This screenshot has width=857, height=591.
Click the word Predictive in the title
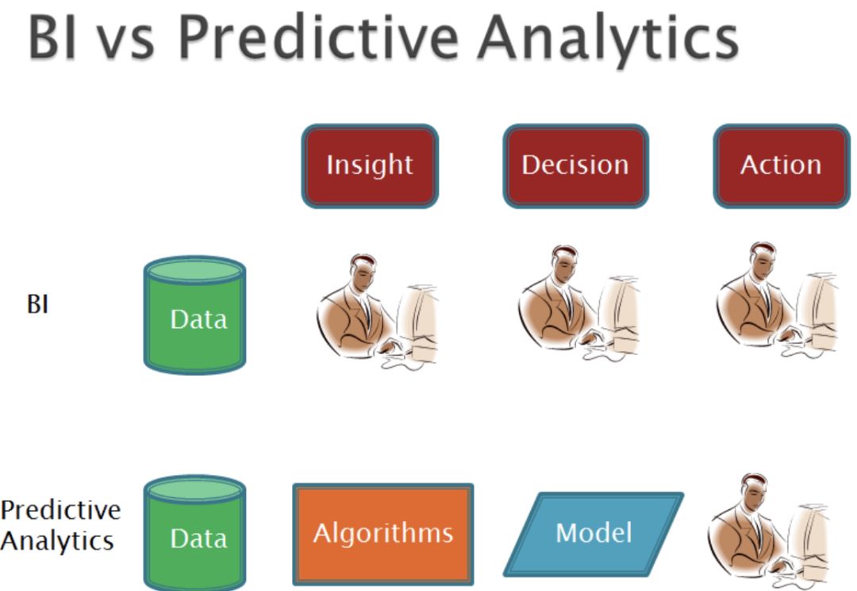(x=319, y=37)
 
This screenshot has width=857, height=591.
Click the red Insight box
(x=370, y=166)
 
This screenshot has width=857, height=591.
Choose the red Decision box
(x=575, y=166)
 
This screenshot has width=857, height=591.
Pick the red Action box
(x=782, y=166)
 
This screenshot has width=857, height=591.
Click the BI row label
(x=38, y=303)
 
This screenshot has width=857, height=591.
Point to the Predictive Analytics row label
(x=60, y=525)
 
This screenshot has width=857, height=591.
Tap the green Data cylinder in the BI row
(x=194, y=315)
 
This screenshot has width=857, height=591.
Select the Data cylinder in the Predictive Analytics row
(x=194, y=533)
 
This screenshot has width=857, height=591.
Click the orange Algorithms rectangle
(x=383, y=534)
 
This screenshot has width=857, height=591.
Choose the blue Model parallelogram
(x=594, y=534)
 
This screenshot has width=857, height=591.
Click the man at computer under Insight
(x=377, y=311)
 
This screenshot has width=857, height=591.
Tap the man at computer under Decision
(x=578, y=303)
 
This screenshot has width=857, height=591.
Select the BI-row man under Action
(x=776, y=300)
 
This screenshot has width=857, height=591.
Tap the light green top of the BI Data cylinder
(x=194, y=270)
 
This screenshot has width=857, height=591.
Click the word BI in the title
(x=52, y=37)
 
